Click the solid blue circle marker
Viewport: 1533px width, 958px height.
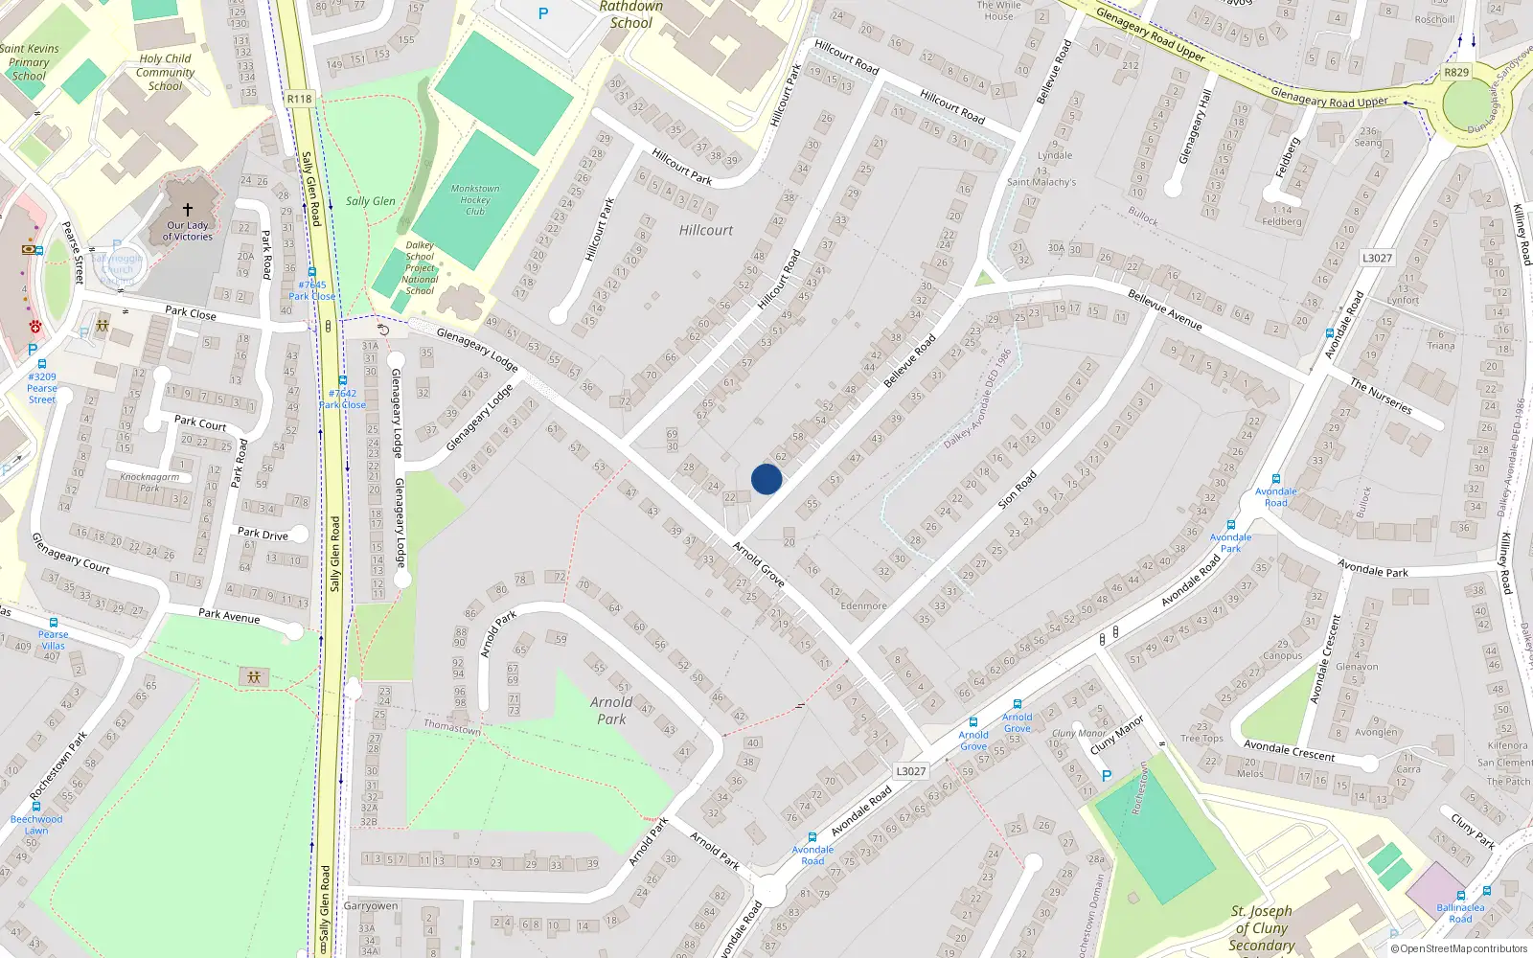pos(766,479)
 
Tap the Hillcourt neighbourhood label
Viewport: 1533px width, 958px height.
pos(706,230)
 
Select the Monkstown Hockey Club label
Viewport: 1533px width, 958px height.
pos(475,200)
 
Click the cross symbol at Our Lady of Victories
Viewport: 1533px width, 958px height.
pos(188,209)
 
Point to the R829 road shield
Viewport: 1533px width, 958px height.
pos(1456,73)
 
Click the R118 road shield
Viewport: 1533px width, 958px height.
pos(299,99)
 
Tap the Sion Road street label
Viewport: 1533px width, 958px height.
pos(1018,490)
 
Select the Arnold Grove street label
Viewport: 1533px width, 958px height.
pos(759,564)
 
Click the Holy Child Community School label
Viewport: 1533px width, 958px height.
pos(165,72)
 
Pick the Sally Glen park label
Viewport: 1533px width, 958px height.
pos(370,201)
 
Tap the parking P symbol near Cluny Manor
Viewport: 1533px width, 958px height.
pos(1107,776)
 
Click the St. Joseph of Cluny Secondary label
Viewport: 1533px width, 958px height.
pos(1262,927)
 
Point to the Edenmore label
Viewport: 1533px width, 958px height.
pos(863,605)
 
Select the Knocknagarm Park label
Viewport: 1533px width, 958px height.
pos(149,482)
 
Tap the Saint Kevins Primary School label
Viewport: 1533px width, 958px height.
pos(29,62)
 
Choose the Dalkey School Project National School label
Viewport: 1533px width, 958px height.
pos(420,268)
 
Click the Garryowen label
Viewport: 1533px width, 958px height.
pos(370,905)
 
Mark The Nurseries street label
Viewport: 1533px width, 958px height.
pos(1381,396)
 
